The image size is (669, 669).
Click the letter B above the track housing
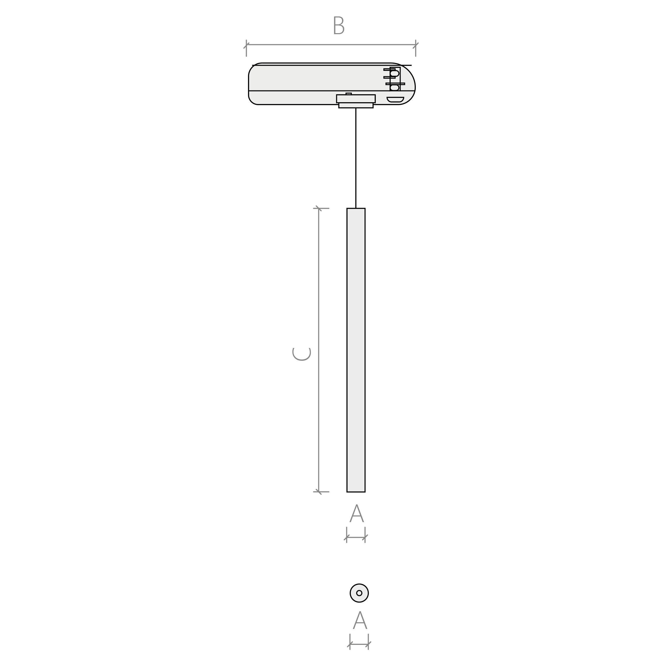click(339, 25)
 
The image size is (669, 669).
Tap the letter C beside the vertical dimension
click(301, 354)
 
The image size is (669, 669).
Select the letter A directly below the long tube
click(357, 513)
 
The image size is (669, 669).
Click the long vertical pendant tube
click(356, 350)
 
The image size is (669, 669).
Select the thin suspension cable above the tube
click(356, 158)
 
